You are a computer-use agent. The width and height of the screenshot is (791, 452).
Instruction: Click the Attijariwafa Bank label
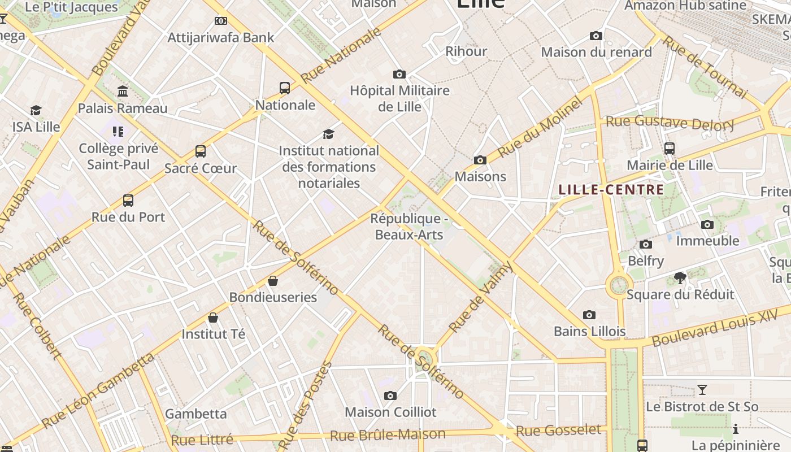221,38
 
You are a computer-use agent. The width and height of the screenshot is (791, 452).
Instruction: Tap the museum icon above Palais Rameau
123,91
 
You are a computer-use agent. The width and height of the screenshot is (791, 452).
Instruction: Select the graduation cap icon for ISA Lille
36,110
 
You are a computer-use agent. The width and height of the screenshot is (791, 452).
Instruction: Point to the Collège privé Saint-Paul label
119,157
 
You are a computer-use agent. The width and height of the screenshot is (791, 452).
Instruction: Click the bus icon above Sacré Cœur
201,151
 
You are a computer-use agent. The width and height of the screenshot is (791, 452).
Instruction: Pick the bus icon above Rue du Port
128,201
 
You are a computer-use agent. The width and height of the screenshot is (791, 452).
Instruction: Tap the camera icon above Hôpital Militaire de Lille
399,74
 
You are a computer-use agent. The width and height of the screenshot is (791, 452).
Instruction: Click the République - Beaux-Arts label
409,227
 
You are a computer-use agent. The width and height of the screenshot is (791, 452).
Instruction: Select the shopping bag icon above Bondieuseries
273,281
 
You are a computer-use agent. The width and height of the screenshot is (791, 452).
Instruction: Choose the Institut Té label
214,334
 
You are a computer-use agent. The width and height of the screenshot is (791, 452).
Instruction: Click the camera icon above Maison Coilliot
390,395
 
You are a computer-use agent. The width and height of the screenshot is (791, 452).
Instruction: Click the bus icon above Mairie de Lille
670,149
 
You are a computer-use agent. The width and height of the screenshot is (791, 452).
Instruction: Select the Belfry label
646,261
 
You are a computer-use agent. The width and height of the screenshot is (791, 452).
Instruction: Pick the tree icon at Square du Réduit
680,277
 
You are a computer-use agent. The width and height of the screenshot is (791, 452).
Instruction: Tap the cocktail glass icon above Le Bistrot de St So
702,390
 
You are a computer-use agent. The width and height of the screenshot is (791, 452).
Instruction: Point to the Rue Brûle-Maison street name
388,435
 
